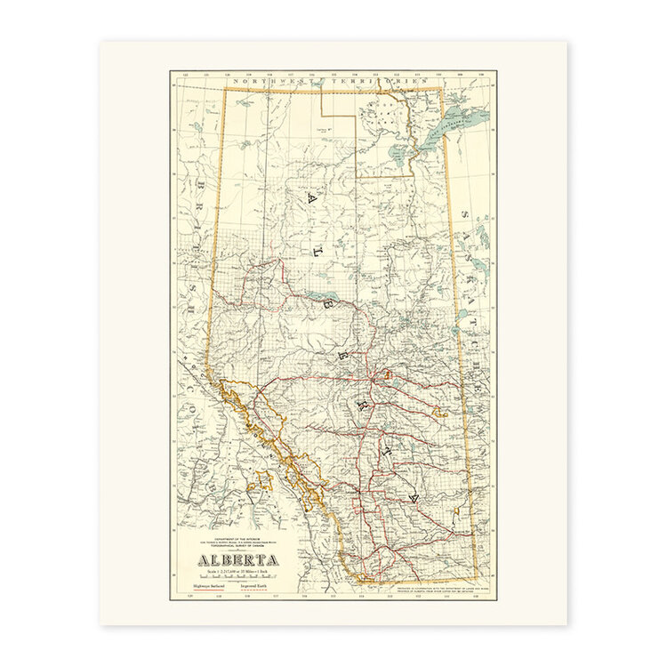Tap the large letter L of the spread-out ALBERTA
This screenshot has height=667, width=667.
[315, 252]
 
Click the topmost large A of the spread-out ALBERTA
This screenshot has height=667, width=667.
[310, 199]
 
